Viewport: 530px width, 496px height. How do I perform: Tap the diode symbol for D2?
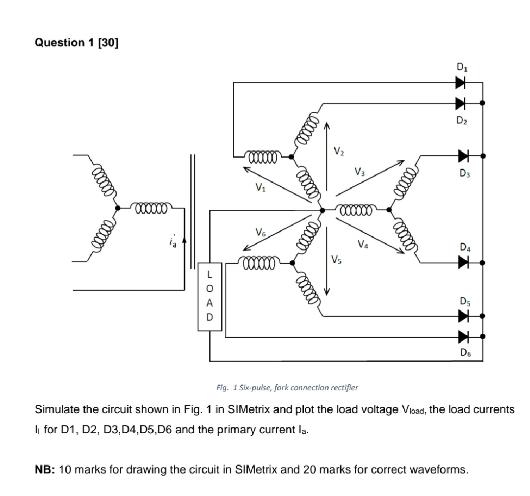pyautogui.click(x=460, y=103)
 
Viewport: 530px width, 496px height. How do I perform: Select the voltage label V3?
pyautogui.click(x=360, y=172)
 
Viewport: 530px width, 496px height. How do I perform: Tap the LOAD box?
pyautogui.click(x=210, y=297)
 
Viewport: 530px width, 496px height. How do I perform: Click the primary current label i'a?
pyautogui.click(x=171, y=241)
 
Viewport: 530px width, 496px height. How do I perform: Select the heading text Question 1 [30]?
pyautogui.click(x=77, y=43)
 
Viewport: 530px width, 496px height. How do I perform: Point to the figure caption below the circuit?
pyautogui.click(x=287, y=387)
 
